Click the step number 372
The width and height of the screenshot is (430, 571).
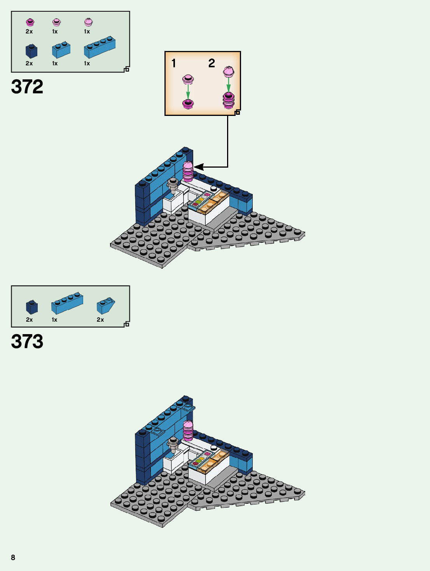[x=27, y=87]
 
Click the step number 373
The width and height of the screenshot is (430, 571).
[x=27, y=342]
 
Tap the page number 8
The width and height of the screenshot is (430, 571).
[x=13, y=557]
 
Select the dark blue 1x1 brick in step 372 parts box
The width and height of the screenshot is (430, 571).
[x=31, y=51]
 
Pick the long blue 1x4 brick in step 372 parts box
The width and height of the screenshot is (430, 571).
[x=100, y=47]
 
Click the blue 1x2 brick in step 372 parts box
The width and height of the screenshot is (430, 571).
[x=61, y=50]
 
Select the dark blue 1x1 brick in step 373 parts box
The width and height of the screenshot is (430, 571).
[x=31, y=307]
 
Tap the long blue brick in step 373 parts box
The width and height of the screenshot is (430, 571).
[x=67, y=303]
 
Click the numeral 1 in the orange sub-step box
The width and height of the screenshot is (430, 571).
[x=174, y=63]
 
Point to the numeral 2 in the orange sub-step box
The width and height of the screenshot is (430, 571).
[x=212, y=63]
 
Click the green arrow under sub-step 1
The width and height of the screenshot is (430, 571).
[x=188, y=92]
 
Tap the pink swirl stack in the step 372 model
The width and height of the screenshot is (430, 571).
[x=188, y=172]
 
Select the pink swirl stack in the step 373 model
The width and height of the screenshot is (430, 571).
[x=188, y=431]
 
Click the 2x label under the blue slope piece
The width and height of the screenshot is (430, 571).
[x=100, y=320]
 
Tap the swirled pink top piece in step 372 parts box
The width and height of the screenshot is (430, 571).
[x=88, y=22]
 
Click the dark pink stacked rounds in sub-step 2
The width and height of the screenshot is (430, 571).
[x=228, y=101]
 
